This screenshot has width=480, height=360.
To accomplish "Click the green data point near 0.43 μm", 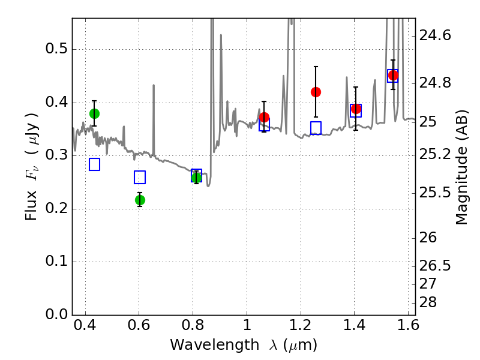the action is pyautogui.click(x=95, y=114).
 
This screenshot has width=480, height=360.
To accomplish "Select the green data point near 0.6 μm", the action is pyautogui.click(x=140, y=200).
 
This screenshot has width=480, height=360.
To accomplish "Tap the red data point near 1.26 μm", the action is pyautogui.click(x=316, y=92).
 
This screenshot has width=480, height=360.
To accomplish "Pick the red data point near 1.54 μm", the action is pyautogui.click(x=393, y=76).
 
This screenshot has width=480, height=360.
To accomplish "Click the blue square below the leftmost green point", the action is pyautogui.click(x=95, y=164).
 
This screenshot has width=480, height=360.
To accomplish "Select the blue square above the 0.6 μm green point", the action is pyautogui.click(x=140, y=177).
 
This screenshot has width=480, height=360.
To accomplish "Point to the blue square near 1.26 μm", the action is pyautogui.click(x=316, y=128).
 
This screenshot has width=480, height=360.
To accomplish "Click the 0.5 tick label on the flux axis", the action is pyautogui.click(x=56, y=49).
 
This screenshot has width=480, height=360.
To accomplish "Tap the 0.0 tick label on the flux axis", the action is pyautogui.click(x=56, y=314).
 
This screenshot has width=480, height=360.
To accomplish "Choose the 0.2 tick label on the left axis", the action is pyautogui.click(x=56, y=208).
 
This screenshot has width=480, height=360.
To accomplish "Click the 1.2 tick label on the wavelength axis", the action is pyautogui.click(x=301, y=325).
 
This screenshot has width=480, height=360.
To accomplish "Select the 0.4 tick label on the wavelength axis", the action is pyautogui.click(x=85, y=325).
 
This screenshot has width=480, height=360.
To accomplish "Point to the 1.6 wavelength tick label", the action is pyautogui.click(x=409, y=325).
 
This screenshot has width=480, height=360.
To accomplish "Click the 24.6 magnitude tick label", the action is pyautogui.click(x=435, y=35).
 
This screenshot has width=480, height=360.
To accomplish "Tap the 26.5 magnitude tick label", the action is pyautogui.click(x=435, y=265).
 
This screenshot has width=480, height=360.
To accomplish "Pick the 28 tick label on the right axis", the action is pyautogui.click(x=428, y=302).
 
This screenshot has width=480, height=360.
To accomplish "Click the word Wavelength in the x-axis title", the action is pyautogui.click(x=215, y=345).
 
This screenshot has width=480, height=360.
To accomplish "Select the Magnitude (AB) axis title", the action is pyautogui.click(x=462, y=167).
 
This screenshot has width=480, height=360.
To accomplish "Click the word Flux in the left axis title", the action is pyautogui.click(x=31, y=206).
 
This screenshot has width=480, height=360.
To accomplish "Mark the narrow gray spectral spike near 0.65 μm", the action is pyautogui.click(x=154, y=121).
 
